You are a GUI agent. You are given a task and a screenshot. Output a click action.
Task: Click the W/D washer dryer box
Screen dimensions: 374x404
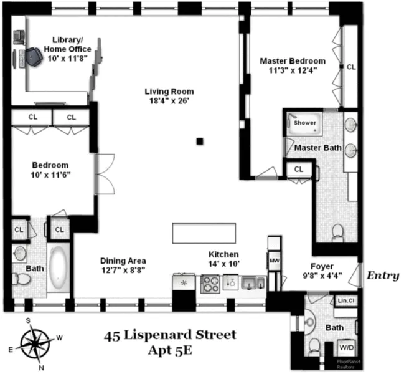[345, 347]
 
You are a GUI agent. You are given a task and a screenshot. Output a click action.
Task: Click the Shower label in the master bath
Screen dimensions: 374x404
[305, 123]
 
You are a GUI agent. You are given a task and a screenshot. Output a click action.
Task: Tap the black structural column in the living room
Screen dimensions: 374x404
[200, 141]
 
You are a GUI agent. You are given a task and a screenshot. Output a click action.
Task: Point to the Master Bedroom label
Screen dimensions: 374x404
[292, 61]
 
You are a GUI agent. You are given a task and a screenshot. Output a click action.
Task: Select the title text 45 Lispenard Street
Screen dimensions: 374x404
[169, 335]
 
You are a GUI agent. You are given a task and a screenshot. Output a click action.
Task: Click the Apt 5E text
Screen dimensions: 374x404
[170, 350]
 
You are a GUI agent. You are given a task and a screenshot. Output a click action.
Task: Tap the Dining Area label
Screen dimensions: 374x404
[123, 261]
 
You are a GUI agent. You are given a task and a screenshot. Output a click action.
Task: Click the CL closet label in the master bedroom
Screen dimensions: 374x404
[351, 67]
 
